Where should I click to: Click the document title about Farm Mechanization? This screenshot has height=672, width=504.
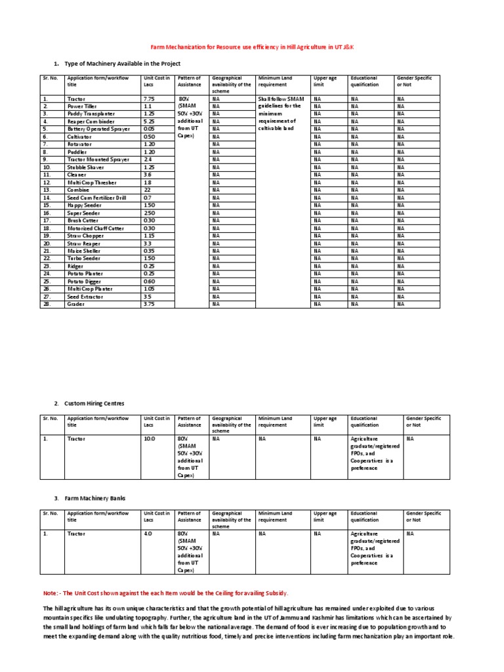click(x=252, y=47)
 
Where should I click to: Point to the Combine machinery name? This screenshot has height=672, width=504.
click(x=78, y=190)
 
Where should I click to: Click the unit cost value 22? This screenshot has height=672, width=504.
click(x=147, y=190)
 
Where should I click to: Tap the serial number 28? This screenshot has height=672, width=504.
click(x=46, y=304)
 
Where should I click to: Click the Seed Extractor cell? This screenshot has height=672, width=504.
click(x=85, y=297)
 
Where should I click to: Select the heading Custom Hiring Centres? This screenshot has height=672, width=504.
click(x=94, y=403)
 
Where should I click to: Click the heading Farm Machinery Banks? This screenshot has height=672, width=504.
click(x=94, y=498)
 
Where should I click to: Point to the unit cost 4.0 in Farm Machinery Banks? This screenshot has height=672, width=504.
click(x=148, y=534)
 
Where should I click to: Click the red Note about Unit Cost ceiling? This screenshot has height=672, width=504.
click(x=165, y=593)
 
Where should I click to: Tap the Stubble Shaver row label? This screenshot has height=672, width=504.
click(x=86, y=167)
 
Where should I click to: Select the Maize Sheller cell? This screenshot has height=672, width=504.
click(x=84, y=251)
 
